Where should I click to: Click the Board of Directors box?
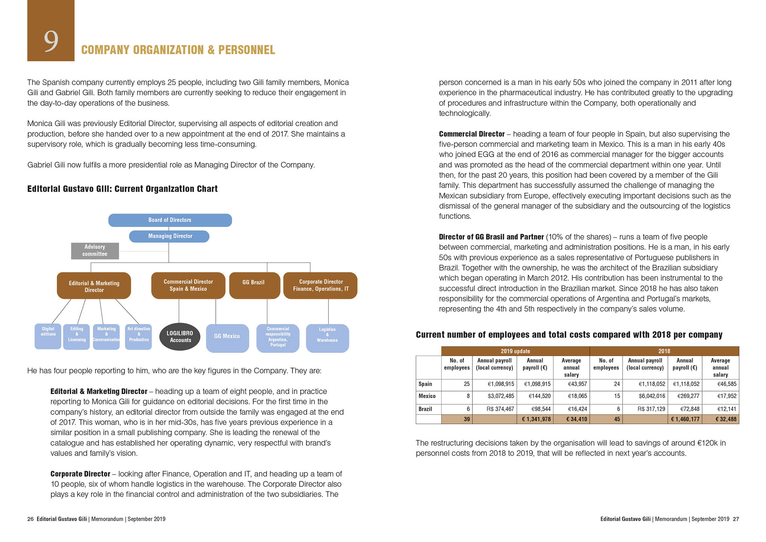(x=170, y=220)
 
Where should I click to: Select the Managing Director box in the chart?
(x=169, y=236)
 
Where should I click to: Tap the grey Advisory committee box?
(x=95, y=251)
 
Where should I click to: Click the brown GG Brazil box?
(x=254, y=285)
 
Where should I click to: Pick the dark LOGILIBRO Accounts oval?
(x=180, y=337)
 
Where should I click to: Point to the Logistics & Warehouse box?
(x=327, y=338)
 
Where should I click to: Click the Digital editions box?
(x=48, y=336)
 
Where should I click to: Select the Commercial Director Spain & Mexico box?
(x=188, y=285)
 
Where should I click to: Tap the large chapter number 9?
(x=51, y=41)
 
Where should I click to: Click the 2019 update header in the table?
(x=515, y=351)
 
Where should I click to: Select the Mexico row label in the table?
(x=427, y=396)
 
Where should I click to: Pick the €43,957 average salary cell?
(x=577, y=384)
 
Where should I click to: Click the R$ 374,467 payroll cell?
(x=500, y=409)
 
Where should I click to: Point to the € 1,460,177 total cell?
(x=685, y=419)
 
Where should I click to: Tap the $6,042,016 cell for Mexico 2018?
(x=651, y=396)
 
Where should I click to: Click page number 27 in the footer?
(x=736, y=519)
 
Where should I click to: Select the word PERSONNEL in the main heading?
(x=247, y=50)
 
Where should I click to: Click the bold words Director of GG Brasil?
(x=471, y=237)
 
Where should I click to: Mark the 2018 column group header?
(x=664, y=351)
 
